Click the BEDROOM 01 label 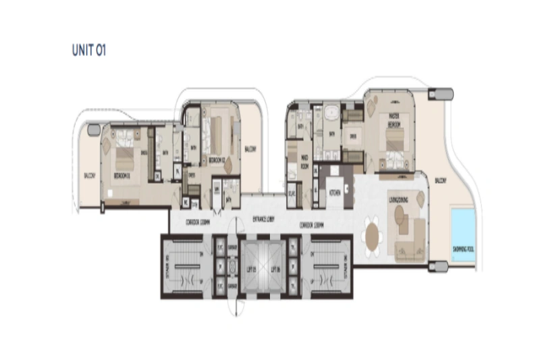(122, 174)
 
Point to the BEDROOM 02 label (217, 159)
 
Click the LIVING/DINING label (402, 200)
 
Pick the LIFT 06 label (275, 267)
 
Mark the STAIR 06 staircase (327, 266)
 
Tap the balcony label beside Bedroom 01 (90, 175)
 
